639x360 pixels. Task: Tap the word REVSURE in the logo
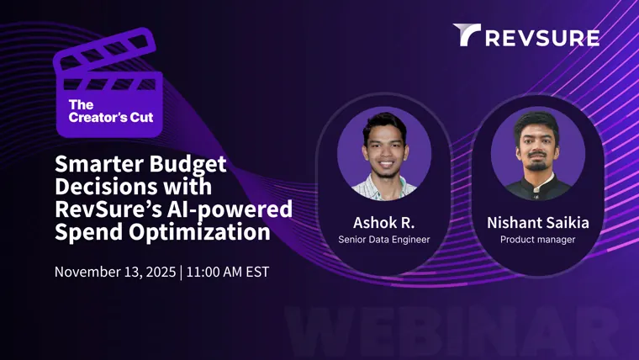pos(542,38)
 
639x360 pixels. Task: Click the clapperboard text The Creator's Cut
pos(111,111)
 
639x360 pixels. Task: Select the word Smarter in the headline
pos(99,164)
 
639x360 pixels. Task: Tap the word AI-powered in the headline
pos(230,210)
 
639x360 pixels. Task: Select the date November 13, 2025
pos(115,272)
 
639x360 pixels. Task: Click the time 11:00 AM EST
pos(228,272)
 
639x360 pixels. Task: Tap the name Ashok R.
pos(384,223)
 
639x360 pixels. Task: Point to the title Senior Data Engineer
pos(384,240)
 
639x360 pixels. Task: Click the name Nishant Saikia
pos(538,223)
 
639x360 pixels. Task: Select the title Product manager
pos(538,240)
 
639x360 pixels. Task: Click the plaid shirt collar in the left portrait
pos(384,188)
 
